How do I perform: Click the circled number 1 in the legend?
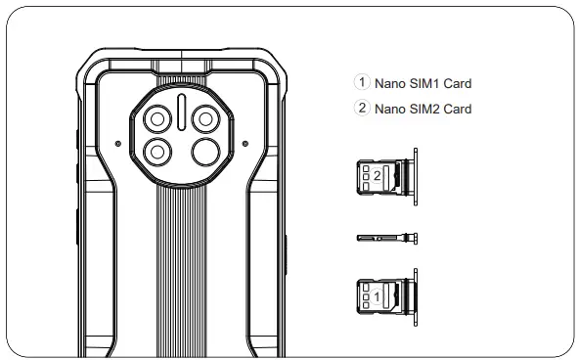click(x=362, y=83)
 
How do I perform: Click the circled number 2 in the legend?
click(x=362, y=108)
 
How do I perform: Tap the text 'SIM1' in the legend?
click(x=423, y=84)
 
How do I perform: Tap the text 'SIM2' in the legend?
click(x=423, y=109)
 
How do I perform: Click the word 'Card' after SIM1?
click(x=458, y=84)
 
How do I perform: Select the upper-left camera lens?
click(x=156, y=119)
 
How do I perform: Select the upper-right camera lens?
click(x=206, y=119)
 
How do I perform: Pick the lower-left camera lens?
click(x=156, y=151)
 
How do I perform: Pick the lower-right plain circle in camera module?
click(x=206, y=151)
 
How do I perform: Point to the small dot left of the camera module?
click(x=118, y=144)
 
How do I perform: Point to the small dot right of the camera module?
click(x=245, y=144)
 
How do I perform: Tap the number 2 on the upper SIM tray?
click(x=377, y=175)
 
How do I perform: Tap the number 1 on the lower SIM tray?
click(x=377, y=292)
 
